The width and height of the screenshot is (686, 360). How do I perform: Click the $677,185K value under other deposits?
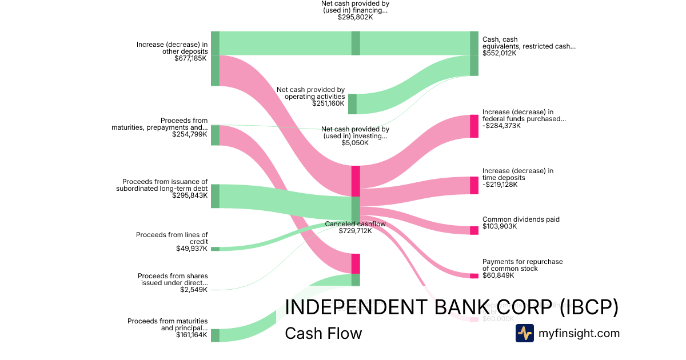click(191, 58)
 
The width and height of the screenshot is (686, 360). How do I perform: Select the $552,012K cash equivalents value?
click(499, 53)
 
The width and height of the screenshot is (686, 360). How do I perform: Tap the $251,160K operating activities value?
click(328, 103)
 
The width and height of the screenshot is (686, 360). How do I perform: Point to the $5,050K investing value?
click(355, 142)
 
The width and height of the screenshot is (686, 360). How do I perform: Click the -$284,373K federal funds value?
click(501, 126)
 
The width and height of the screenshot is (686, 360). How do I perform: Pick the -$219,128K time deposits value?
click(500, 185)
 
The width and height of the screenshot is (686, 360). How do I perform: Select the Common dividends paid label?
click(521, 219)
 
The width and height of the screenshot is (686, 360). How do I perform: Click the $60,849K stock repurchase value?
click(498, 275)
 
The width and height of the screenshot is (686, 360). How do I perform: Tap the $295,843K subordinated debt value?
click(190, 195)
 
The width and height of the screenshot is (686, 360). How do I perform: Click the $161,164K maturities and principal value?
click(192, 335)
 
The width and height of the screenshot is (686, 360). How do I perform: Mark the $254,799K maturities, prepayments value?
click(189, 134)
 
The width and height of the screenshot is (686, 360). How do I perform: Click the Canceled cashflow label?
click(355, 223)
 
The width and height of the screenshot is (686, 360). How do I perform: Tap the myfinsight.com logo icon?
click(524, 333)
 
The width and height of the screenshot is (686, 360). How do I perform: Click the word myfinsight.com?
click(579, 333)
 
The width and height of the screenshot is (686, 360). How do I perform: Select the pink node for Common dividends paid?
click(474, 230)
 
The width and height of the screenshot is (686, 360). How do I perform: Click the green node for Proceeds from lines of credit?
click(215, 249)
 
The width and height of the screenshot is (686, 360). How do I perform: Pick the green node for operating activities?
click(352, 104)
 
